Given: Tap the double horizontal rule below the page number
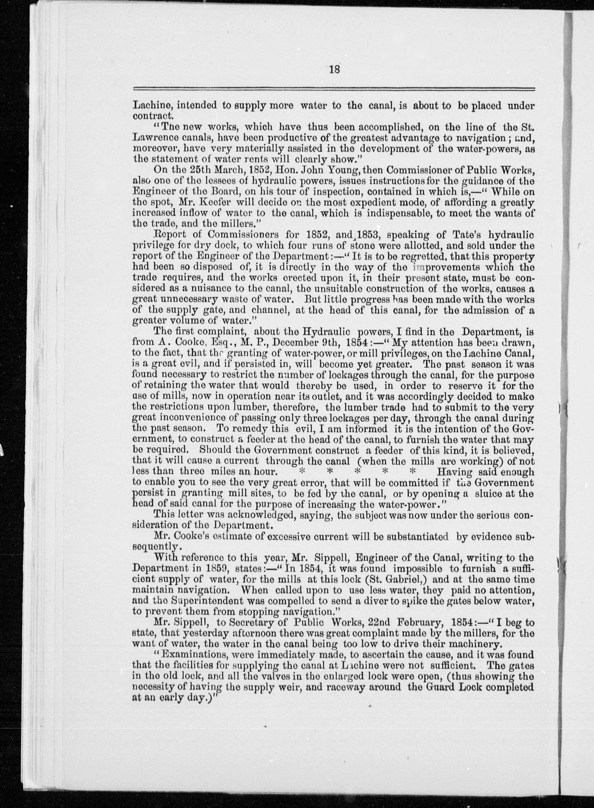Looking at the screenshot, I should pos(334,90).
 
